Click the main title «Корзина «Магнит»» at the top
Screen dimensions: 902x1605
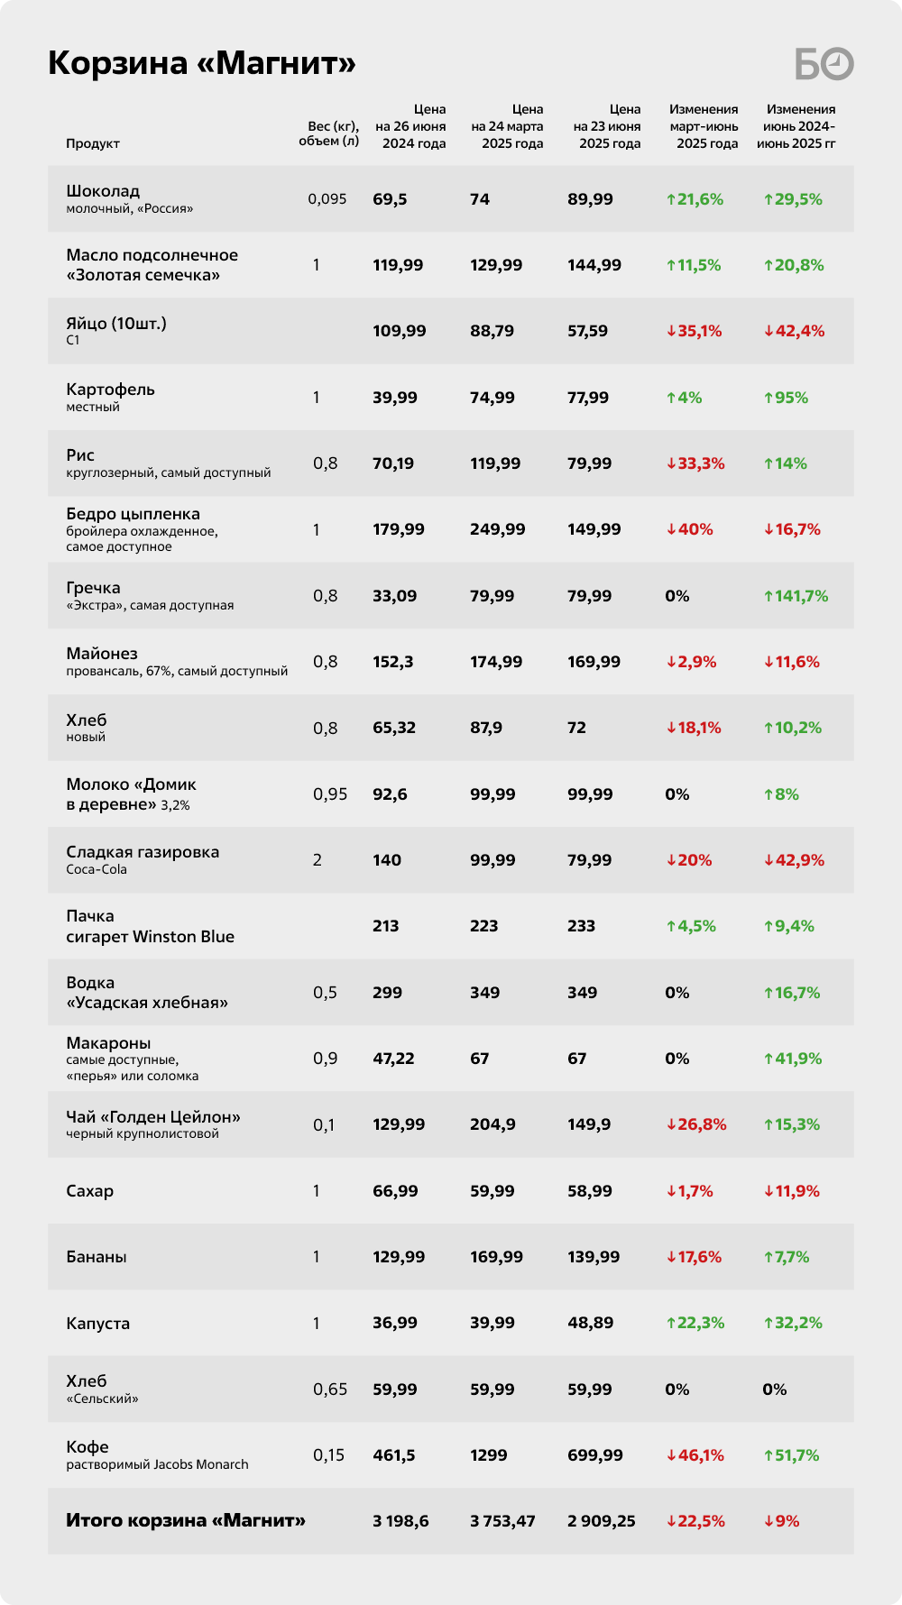coord(202,63)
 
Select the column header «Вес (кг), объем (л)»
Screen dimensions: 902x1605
coord(329,133)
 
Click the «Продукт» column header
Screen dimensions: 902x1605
coord(93,143)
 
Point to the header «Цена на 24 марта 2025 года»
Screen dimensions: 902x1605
coord(507,126)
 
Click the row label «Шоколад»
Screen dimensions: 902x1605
coord(103,191)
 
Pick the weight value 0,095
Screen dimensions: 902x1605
coord(327,199)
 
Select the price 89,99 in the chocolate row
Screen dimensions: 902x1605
coord(591,199)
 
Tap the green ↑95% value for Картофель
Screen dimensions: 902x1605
coord(786,398)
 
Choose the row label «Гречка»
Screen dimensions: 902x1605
coord(93,588)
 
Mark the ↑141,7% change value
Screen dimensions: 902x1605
coord(796,596)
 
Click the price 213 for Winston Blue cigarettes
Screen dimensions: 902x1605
coord(386,926)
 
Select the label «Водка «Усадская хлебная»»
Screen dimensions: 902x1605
coord(147,993)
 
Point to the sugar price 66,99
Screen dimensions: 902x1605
coord(396,1191)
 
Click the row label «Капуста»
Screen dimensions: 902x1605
coord(98,1324)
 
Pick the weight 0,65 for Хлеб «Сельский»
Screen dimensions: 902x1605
coord(330,1389)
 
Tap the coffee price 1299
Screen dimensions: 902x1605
coord(489,1455)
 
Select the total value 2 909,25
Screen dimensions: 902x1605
coord(602,1521)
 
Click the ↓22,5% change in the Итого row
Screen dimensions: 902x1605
coord(695,1521)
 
